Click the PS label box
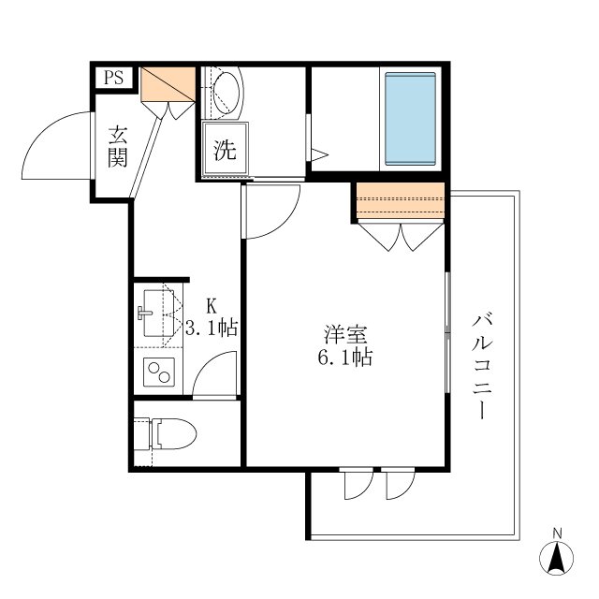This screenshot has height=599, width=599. point(113,79)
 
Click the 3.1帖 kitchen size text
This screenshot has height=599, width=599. point(211,328)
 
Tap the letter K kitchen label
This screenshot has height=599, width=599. point(211,306)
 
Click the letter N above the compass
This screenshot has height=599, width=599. point(558,533)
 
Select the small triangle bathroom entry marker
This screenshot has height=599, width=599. point(319,153)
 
